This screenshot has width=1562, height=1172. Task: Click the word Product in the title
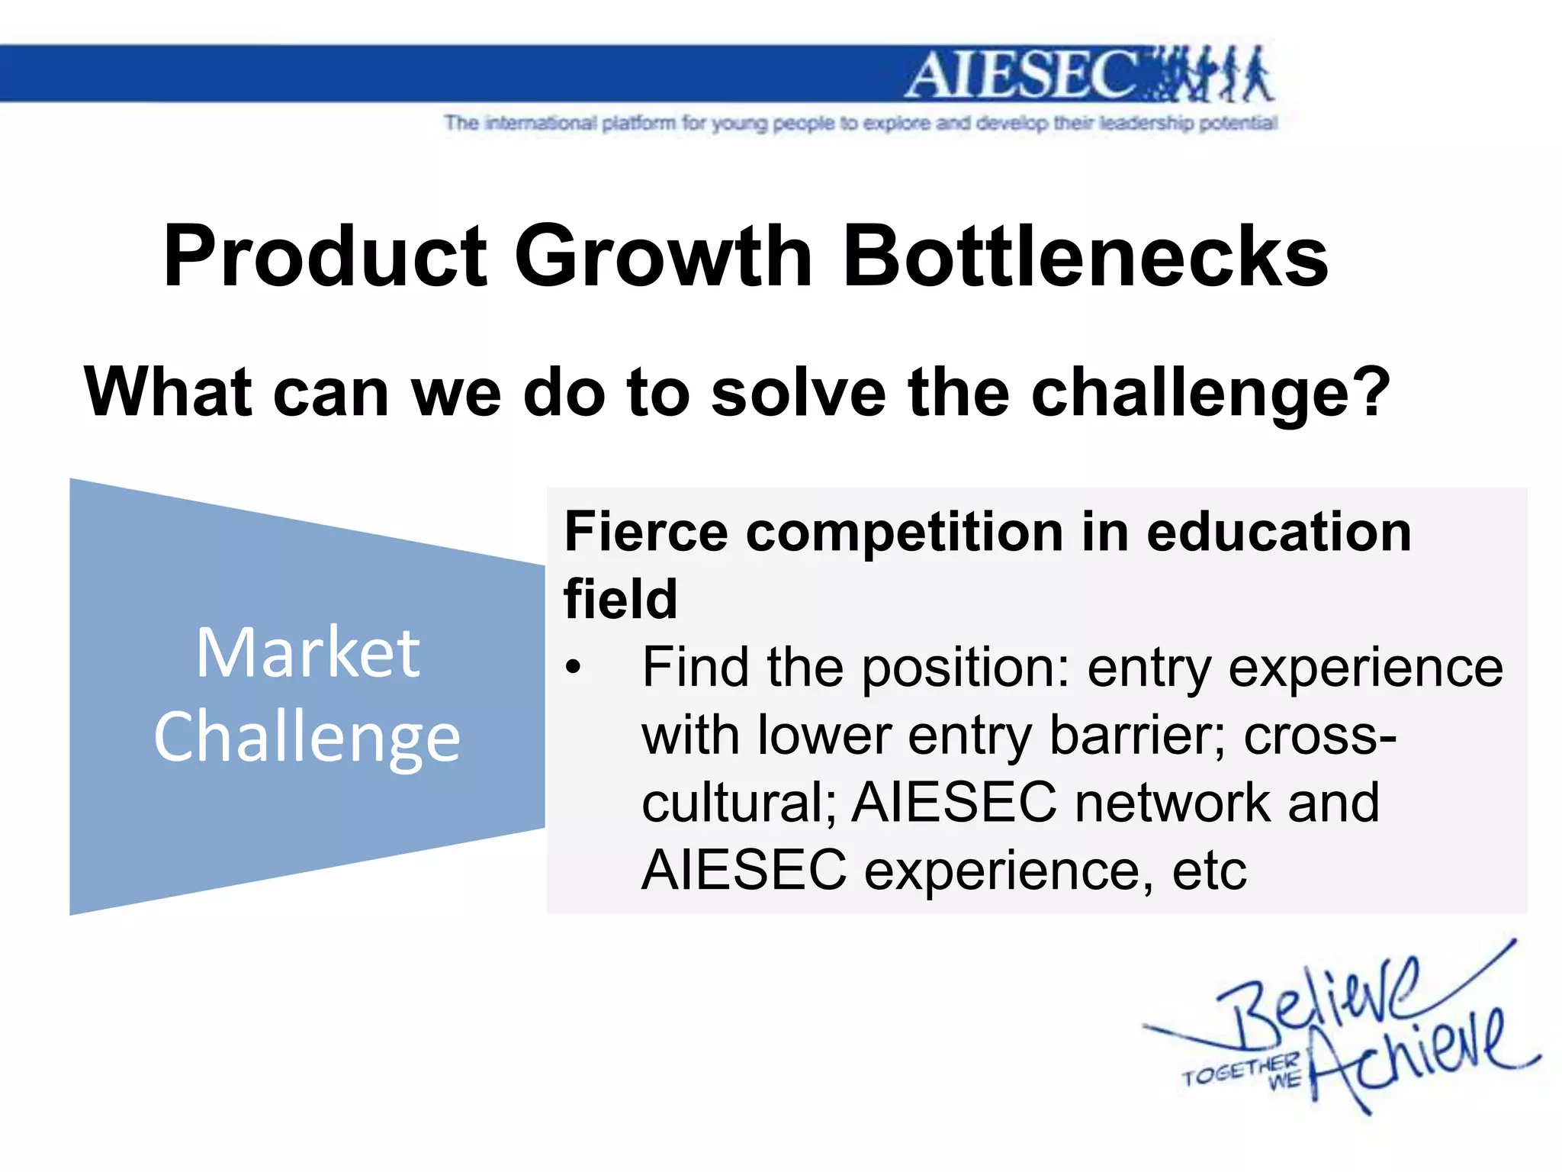[325, 257]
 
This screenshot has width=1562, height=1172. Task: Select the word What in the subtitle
[168, 392]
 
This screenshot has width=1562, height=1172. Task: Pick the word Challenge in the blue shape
[307, 738]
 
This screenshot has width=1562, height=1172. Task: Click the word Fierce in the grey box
[648, 532]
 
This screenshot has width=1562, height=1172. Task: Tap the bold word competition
[905, 532]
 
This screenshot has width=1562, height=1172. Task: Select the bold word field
[620, 599]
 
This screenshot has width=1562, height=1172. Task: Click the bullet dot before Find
[573, 668]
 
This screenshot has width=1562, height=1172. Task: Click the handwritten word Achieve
[1411, 1057]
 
